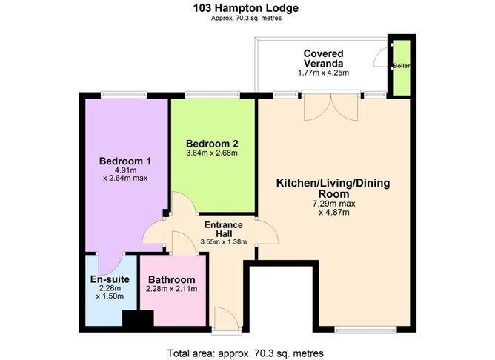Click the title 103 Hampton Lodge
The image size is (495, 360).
pyautogui.click(x=247, y=9)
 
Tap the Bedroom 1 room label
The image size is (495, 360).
pyautogui.click(x=126, y=161)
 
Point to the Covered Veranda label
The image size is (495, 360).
pyautogui.click(x=322, y=58)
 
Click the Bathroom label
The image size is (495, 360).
pyautogui.click(x=171, y=279)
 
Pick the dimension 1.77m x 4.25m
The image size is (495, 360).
pyautogui.click(x=322, y=72)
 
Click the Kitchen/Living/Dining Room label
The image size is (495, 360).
pyautogui.click(x=338, y=188)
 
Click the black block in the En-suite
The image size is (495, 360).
pyautogui.click(x=137, y=319)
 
